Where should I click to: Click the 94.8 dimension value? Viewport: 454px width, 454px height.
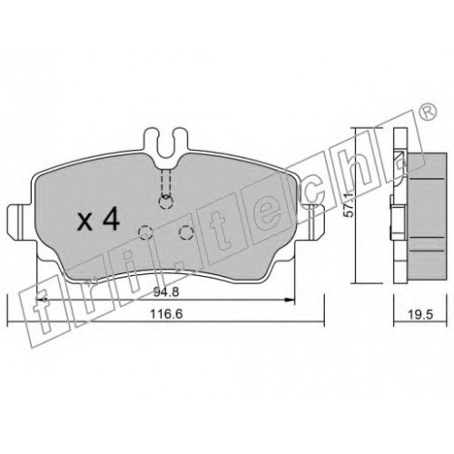point(166,292)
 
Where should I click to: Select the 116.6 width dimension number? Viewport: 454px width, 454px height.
point(166,314)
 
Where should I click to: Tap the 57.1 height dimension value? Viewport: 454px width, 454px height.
point(350,205)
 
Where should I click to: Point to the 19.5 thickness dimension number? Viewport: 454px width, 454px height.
point(420,315)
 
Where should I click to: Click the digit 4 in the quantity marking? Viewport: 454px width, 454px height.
point(111,220)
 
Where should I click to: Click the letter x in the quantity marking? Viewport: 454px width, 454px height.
point(84,223)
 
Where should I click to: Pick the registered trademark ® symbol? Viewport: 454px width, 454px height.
point(429,112)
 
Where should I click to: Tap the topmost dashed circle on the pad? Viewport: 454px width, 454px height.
point(166,202)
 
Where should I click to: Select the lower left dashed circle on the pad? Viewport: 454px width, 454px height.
point(145,232)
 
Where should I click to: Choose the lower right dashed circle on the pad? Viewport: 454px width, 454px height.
point(186,232)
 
